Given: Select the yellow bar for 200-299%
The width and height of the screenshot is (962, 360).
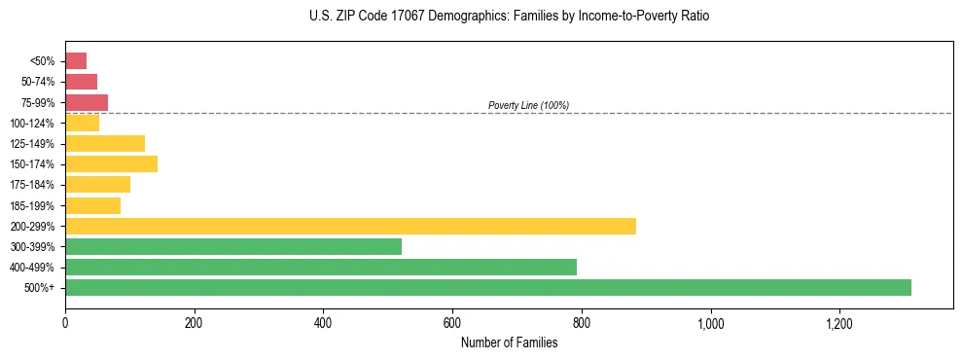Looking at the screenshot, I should click(x=350, y=226).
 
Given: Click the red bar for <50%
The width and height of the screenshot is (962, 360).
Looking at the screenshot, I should click(x=76, y=61).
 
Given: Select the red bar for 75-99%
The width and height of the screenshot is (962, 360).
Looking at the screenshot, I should click(x=87, y=102).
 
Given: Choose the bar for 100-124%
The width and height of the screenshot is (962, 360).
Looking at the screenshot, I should click(x=82, y=123).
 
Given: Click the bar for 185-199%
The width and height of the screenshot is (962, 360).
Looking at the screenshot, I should click(x=92, y=205).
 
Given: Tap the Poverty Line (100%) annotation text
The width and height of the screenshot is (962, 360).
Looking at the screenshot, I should click(x=528, y=105).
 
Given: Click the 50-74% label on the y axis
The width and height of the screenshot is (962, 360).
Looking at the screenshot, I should click(x=40, y=82).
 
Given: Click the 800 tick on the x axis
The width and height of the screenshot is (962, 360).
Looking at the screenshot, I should click(x=582, y=322).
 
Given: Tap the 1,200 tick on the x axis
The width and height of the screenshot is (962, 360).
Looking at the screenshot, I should click(x=839, y=322).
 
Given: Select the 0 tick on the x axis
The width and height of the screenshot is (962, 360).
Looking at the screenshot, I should click(x=65, y=322).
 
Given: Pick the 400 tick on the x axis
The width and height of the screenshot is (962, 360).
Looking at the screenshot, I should click(x=323, y=322).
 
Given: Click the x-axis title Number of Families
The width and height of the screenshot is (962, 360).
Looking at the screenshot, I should click(x=509, y=342).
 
